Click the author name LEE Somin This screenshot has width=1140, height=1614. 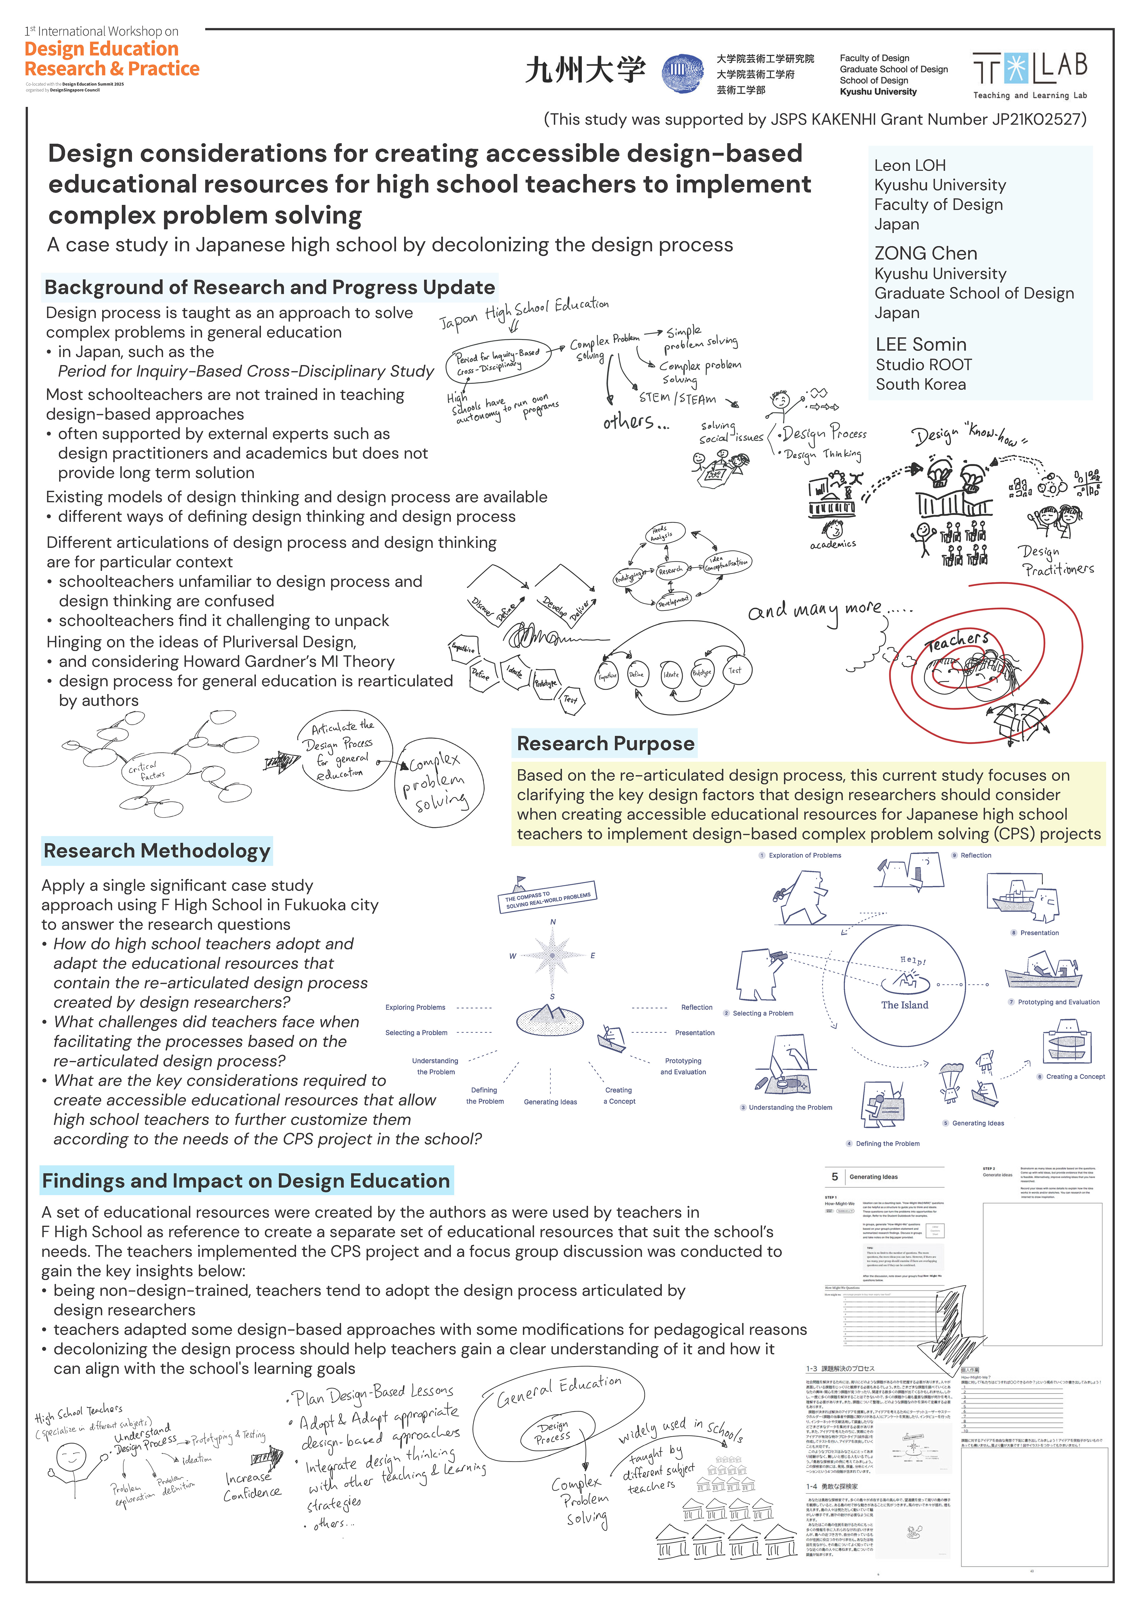(x=921, y=344)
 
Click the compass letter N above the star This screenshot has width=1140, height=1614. (x=552, y=921)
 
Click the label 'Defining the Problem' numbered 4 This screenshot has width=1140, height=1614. (x=887, y=1144)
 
